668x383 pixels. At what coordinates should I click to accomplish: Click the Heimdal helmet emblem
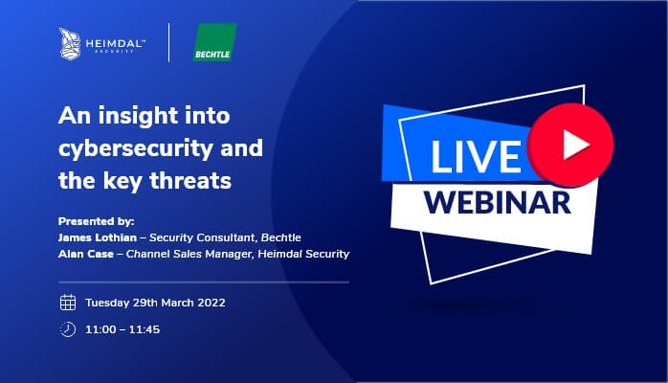pos(70,43)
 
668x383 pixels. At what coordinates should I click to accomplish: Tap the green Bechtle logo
pos(214,42)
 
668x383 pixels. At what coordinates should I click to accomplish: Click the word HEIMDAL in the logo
pos(115,43)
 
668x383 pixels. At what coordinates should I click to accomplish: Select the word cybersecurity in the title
pos(136,148)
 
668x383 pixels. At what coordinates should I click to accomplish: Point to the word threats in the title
pos(190,180)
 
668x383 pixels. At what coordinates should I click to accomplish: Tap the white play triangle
pos(575,145)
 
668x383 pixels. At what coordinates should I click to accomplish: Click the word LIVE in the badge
pos(476,156)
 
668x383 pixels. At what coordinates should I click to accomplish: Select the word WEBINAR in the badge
pos(497,202)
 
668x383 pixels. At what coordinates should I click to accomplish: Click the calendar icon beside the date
pos(68,303)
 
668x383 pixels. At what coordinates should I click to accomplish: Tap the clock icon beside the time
pos(68,329)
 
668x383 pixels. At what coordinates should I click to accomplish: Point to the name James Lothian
pos(98,237)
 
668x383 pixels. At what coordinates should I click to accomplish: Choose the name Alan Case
pos(86,254)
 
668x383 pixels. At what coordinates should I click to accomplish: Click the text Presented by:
pos(97,221)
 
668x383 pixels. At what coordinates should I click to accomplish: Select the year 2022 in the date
pos(212,303)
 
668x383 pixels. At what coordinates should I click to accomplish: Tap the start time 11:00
pos(100,329)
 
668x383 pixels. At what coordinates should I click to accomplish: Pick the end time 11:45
pos(145,329)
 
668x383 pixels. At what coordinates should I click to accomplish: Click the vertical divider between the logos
pos(169,42)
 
